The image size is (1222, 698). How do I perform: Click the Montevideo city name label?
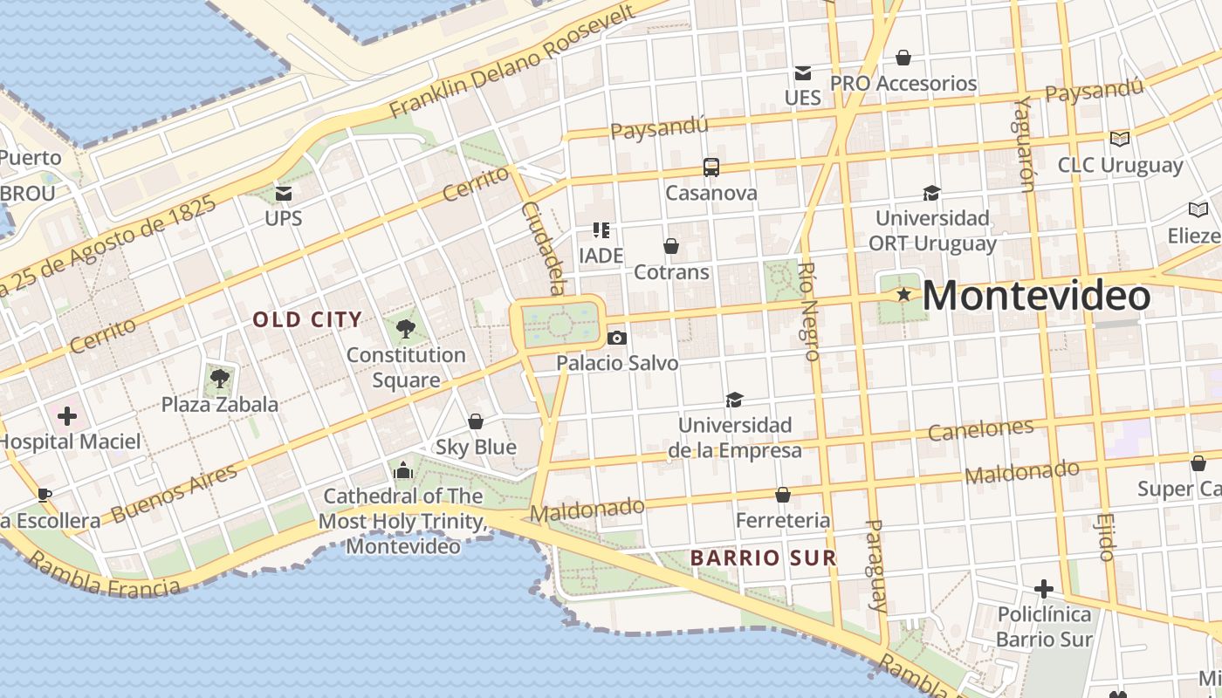coord(1036,297)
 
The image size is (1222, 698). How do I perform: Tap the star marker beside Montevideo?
coord(903,296)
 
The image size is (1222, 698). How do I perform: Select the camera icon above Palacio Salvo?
coord(616,338)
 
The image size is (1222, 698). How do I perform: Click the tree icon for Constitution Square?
coord(405,329)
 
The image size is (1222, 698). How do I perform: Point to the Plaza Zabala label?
coord(220,404)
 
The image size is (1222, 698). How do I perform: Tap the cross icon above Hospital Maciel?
coord(66,416)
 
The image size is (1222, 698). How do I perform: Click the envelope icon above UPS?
coord(284,193)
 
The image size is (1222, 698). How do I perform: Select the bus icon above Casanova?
coord(711,167)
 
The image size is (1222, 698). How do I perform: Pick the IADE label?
coord(601,256)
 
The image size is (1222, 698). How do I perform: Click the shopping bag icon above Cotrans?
coord(670,247)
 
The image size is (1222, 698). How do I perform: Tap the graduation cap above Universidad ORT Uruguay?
coord(931,193)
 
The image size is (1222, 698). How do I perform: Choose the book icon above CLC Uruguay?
coord(1119,139)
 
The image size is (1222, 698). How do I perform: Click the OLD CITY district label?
coord(307,319)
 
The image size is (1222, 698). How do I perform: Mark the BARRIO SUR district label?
coord(763,557)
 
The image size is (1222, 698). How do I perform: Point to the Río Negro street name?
coord(809,311)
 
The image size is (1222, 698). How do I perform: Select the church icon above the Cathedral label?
coord(402,471)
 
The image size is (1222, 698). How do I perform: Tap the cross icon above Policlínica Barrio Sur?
coord(1043,589)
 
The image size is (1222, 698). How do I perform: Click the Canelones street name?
coord(980,429)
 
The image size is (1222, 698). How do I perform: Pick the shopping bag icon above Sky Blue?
coord(476,422)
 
